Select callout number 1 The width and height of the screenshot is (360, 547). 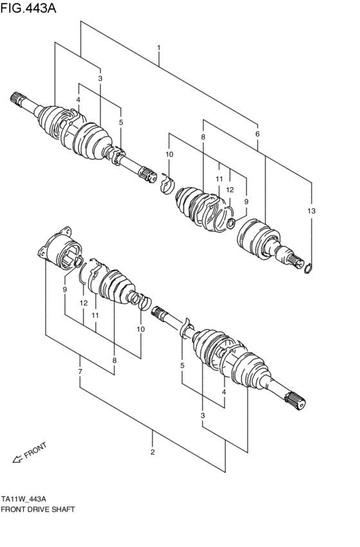point(158,48)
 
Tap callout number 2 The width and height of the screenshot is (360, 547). point(152,451)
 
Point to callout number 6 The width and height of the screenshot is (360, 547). point(257,134)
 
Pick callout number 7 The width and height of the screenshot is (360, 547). point(80,373)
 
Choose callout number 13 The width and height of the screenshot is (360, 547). point(312,211)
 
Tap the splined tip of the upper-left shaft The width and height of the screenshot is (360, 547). point(17,100)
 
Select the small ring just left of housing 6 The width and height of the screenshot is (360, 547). point(231,224)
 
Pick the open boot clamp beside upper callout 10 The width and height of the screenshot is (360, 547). point(166,184)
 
